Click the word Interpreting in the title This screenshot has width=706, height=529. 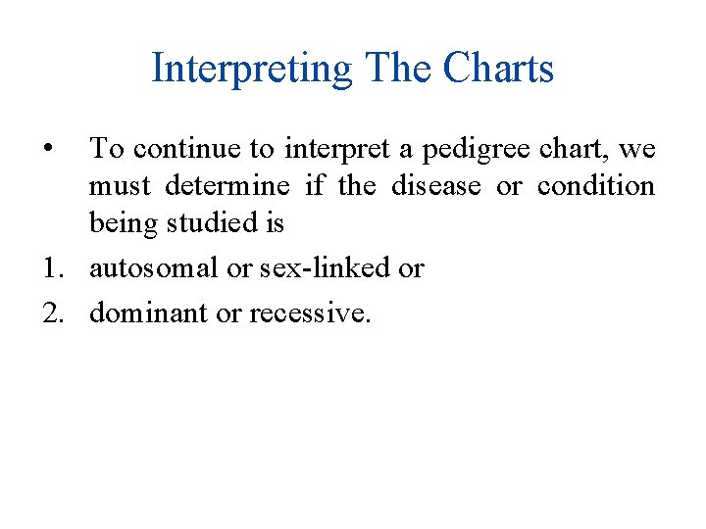pyautogui.click(x=251, y=70)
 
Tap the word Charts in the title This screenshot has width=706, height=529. pyautogui.click(x=498, y=70)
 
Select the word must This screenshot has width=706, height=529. pyautogui.click(x=119, y=186)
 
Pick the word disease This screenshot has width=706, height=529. pyautogui.click(x=436, y=186)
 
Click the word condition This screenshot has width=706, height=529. pyautogui.click(x=596, y=186)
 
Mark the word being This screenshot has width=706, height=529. pyautogui.click(x=121, y=224)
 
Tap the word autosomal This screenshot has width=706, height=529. pyautogui.click(x=154, y=268)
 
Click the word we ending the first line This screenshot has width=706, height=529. pyautogui.click(x=637, y=149)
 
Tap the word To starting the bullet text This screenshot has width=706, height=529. pyautogui.click(x=107, y=149)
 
